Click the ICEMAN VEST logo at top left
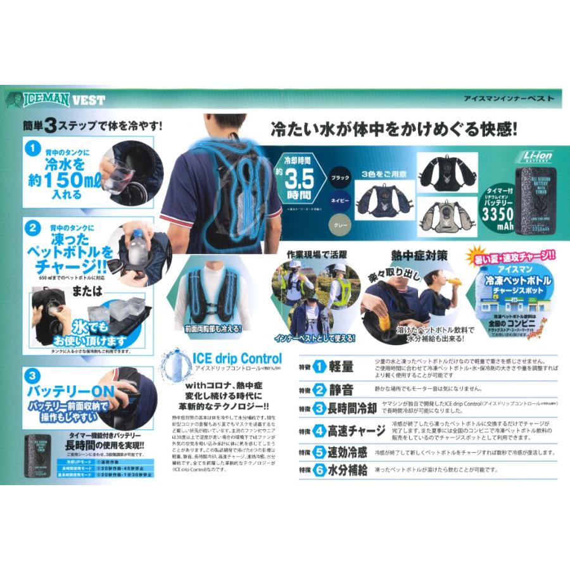point(56,99)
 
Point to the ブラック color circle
point(340,178)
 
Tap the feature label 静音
point(345,389)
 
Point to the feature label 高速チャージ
point(358,431)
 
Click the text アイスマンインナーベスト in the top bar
point(509,98)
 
